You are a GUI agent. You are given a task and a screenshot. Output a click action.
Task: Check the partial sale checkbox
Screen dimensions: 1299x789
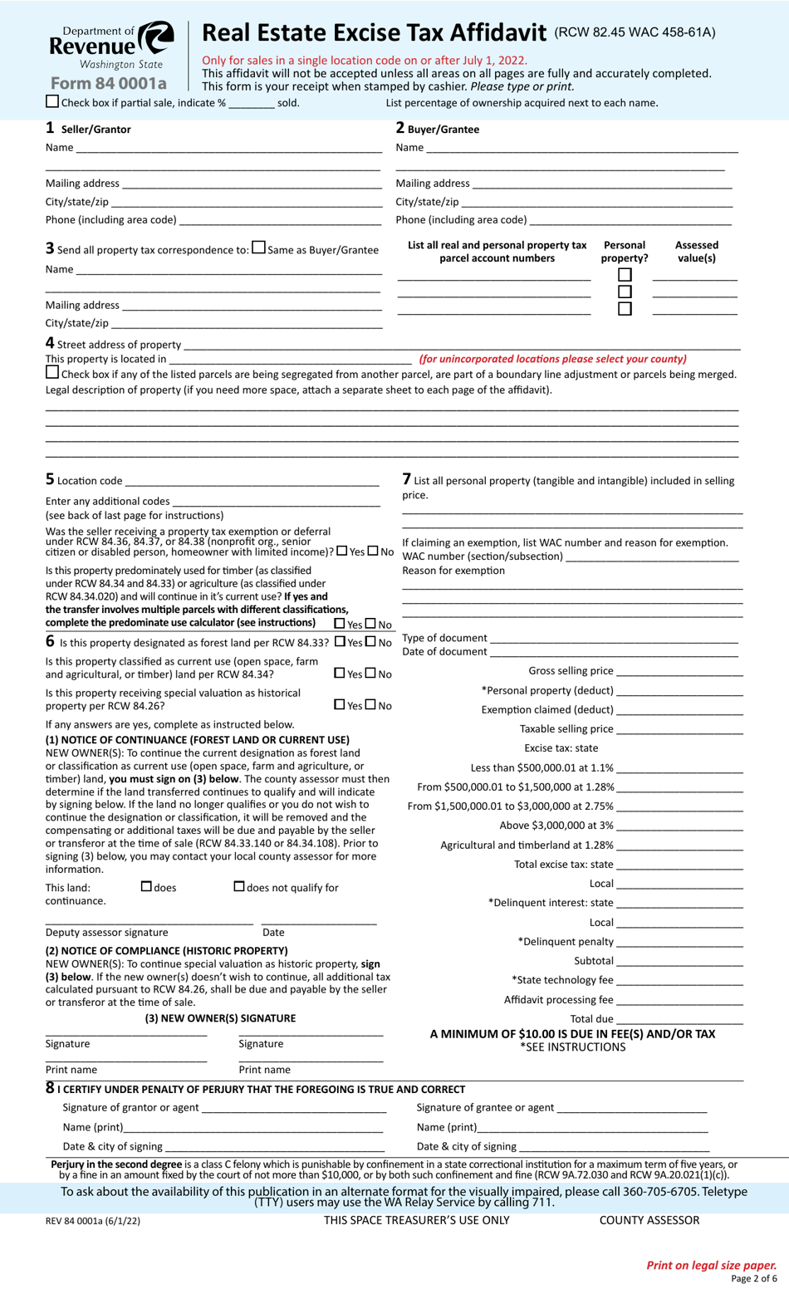[x=52, y=102]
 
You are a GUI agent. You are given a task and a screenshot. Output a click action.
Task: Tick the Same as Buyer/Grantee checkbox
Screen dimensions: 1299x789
[x=259, y=248]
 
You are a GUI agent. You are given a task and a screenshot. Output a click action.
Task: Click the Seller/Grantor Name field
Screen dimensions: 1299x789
[x=228, y=147]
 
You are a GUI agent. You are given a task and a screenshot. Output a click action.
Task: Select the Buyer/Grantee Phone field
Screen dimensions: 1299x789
[x=630, y=219]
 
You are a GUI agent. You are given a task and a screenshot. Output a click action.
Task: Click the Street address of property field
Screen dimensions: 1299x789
[x=461, y=344]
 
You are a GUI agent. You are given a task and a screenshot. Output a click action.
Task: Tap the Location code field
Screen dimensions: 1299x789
[x=252, y=480]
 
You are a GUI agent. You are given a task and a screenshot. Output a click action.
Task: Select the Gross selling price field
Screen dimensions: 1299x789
[x=679, y=671]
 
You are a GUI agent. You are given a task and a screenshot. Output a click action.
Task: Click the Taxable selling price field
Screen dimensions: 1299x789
[x=679, y=729]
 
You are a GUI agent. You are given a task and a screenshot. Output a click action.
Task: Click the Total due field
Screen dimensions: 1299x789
[x=679, y=1018]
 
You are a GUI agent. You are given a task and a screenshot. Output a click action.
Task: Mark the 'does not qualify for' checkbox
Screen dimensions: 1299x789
[x=239, y=887]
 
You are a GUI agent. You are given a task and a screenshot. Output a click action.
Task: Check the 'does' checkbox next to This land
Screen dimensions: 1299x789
[x=147, y=887]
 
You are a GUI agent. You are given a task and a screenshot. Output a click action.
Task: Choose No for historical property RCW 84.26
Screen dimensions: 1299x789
[x=370, y=704]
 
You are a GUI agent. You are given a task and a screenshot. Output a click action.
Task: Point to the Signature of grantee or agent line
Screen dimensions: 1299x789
[x=631, y=1107]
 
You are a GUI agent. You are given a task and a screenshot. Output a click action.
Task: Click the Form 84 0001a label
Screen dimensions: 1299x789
[x=108, y=83]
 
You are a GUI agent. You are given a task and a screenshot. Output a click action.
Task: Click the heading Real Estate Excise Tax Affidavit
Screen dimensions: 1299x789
[x=374, y=32]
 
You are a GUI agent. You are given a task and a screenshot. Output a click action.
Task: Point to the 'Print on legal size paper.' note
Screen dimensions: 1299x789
[x=711, y=1265]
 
